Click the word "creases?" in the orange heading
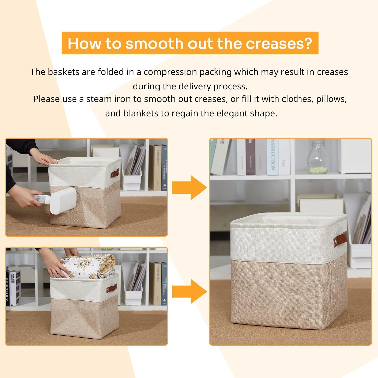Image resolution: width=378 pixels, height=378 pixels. tap(279, 43)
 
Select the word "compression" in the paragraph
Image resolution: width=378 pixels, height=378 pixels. tap(170, 72)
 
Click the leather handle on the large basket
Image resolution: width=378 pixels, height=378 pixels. tap(340, 240)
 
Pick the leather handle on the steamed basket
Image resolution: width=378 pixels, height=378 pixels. tap(115, 174)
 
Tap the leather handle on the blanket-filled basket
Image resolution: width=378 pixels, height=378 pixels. tap(112, 289)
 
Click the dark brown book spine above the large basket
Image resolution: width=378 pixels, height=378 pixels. tap(250, 157)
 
